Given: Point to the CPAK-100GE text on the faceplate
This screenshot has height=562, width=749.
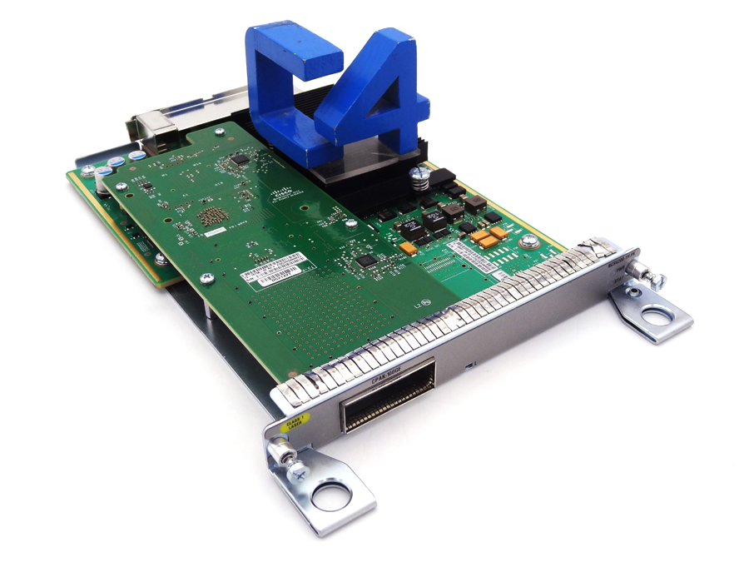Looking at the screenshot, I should [x=388, y=375].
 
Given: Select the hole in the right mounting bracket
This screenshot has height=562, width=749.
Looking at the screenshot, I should [x=657, y=316].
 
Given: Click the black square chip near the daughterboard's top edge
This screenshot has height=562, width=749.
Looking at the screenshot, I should [x=241, y=158].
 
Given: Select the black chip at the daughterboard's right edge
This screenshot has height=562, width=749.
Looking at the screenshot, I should [x=365, y=261].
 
